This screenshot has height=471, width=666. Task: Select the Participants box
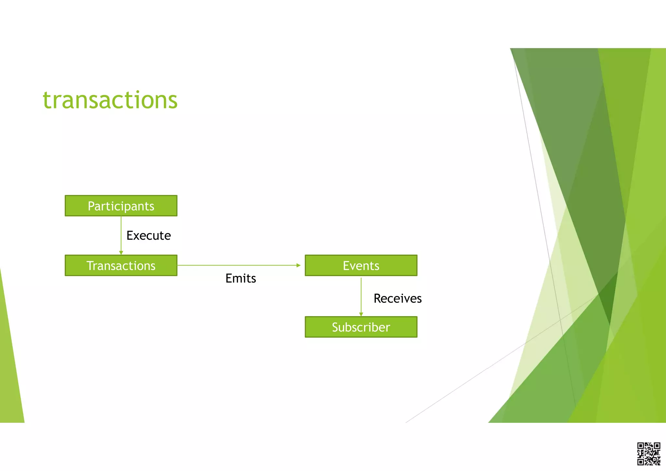tap(121, 206)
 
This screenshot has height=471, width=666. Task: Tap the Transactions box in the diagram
tap(121, 265)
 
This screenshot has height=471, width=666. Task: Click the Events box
tap(361, 265)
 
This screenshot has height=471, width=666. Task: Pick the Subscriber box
tap(361, 327)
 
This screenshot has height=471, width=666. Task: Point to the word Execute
tap(149, 235)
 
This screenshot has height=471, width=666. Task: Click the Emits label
tap(241, 278)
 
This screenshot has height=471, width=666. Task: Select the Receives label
tap(397, 299)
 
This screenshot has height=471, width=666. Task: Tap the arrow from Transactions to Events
tap(237, 265)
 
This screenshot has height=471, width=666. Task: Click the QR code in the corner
tap(648, 453)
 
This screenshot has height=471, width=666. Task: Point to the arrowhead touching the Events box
tap(299, 265)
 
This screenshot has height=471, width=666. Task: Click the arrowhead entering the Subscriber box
tap(361, 314)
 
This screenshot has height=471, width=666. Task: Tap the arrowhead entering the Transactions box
tap(121, 253)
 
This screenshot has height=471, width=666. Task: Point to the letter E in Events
tap(346, 266)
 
